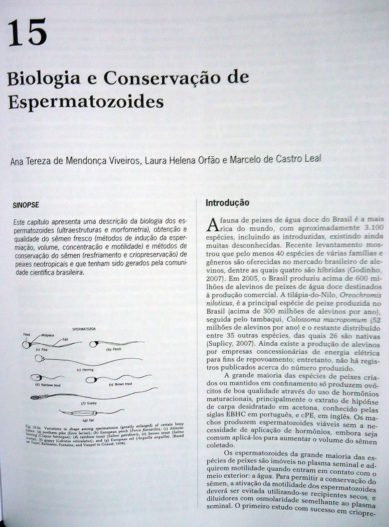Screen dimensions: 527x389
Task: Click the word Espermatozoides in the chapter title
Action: pos(85,102)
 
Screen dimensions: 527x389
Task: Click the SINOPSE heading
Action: pos(26,206)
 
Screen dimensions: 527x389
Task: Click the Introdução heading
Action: pos(227,203)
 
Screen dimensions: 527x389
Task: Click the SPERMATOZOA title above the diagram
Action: pos(84,329)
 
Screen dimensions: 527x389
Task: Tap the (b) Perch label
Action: pos(114,349)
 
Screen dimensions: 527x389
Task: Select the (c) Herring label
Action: pos(85,369)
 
